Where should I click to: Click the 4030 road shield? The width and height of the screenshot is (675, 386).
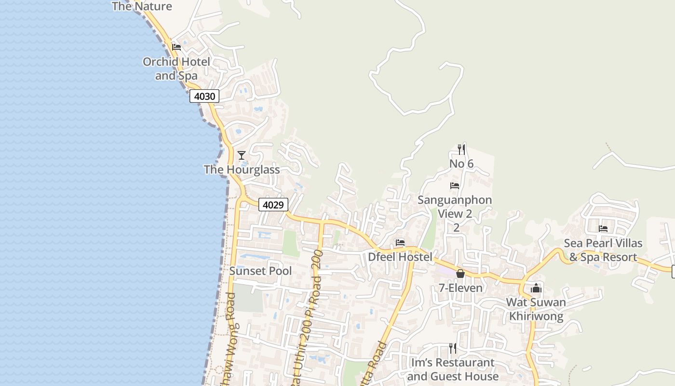point(204,96)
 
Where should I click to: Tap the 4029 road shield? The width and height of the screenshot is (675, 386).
point(273,205)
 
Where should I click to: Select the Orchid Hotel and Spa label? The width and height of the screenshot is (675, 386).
point(176,69)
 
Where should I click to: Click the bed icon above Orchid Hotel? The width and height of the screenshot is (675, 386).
point(176,47)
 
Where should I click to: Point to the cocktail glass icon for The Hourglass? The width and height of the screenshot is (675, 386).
point(242,155)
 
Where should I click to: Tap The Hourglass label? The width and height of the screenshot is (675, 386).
point(242,169)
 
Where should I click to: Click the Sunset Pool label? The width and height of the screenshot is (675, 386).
point(260,271)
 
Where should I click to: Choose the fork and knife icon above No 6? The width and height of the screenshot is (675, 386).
point(461,149)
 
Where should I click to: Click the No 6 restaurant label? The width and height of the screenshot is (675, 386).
point(461,164)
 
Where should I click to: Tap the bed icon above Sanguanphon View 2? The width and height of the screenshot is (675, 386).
point(454,186)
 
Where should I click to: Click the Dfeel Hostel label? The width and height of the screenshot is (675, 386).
point(400,257)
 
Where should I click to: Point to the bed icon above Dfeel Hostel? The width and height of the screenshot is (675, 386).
point(400,242)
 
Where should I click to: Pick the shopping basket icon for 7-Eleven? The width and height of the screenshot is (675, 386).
point(460,274)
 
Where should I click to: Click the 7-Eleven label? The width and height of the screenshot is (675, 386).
point(460,288)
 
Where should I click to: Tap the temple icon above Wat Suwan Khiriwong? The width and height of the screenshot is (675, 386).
point(536,288)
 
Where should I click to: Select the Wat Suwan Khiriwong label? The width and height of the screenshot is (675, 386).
point(536,309)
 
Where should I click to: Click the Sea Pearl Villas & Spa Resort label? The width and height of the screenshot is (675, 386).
point(603,250)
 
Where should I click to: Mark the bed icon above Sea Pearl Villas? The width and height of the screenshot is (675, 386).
point(603,229)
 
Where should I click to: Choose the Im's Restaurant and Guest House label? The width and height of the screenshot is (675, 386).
point(453,369)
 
